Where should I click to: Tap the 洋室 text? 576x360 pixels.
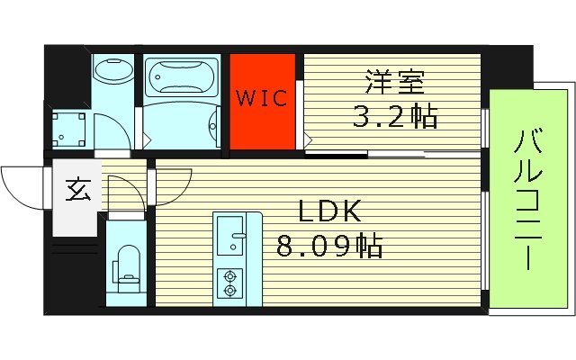tap(391, 82)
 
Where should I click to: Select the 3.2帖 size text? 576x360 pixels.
tap(393, 116)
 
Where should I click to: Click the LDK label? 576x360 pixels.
tap(330, 211)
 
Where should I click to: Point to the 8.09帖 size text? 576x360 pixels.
tap(330, 246)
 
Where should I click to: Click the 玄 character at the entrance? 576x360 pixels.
tap(77, 191)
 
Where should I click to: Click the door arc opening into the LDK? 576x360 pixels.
tap(122, 192)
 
